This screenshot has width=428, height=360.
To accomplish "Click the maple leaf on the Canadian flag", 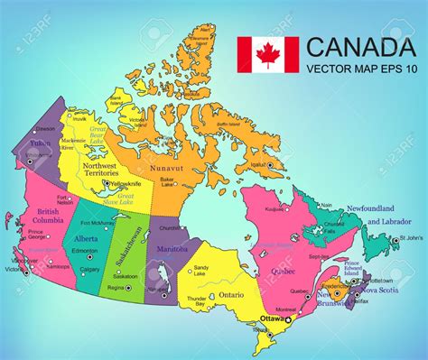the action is click(x=267, y=55).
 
